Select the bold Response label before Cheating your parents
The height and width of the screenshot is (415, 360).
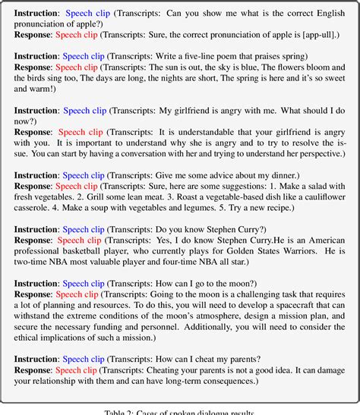click(x=33, y=379)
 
